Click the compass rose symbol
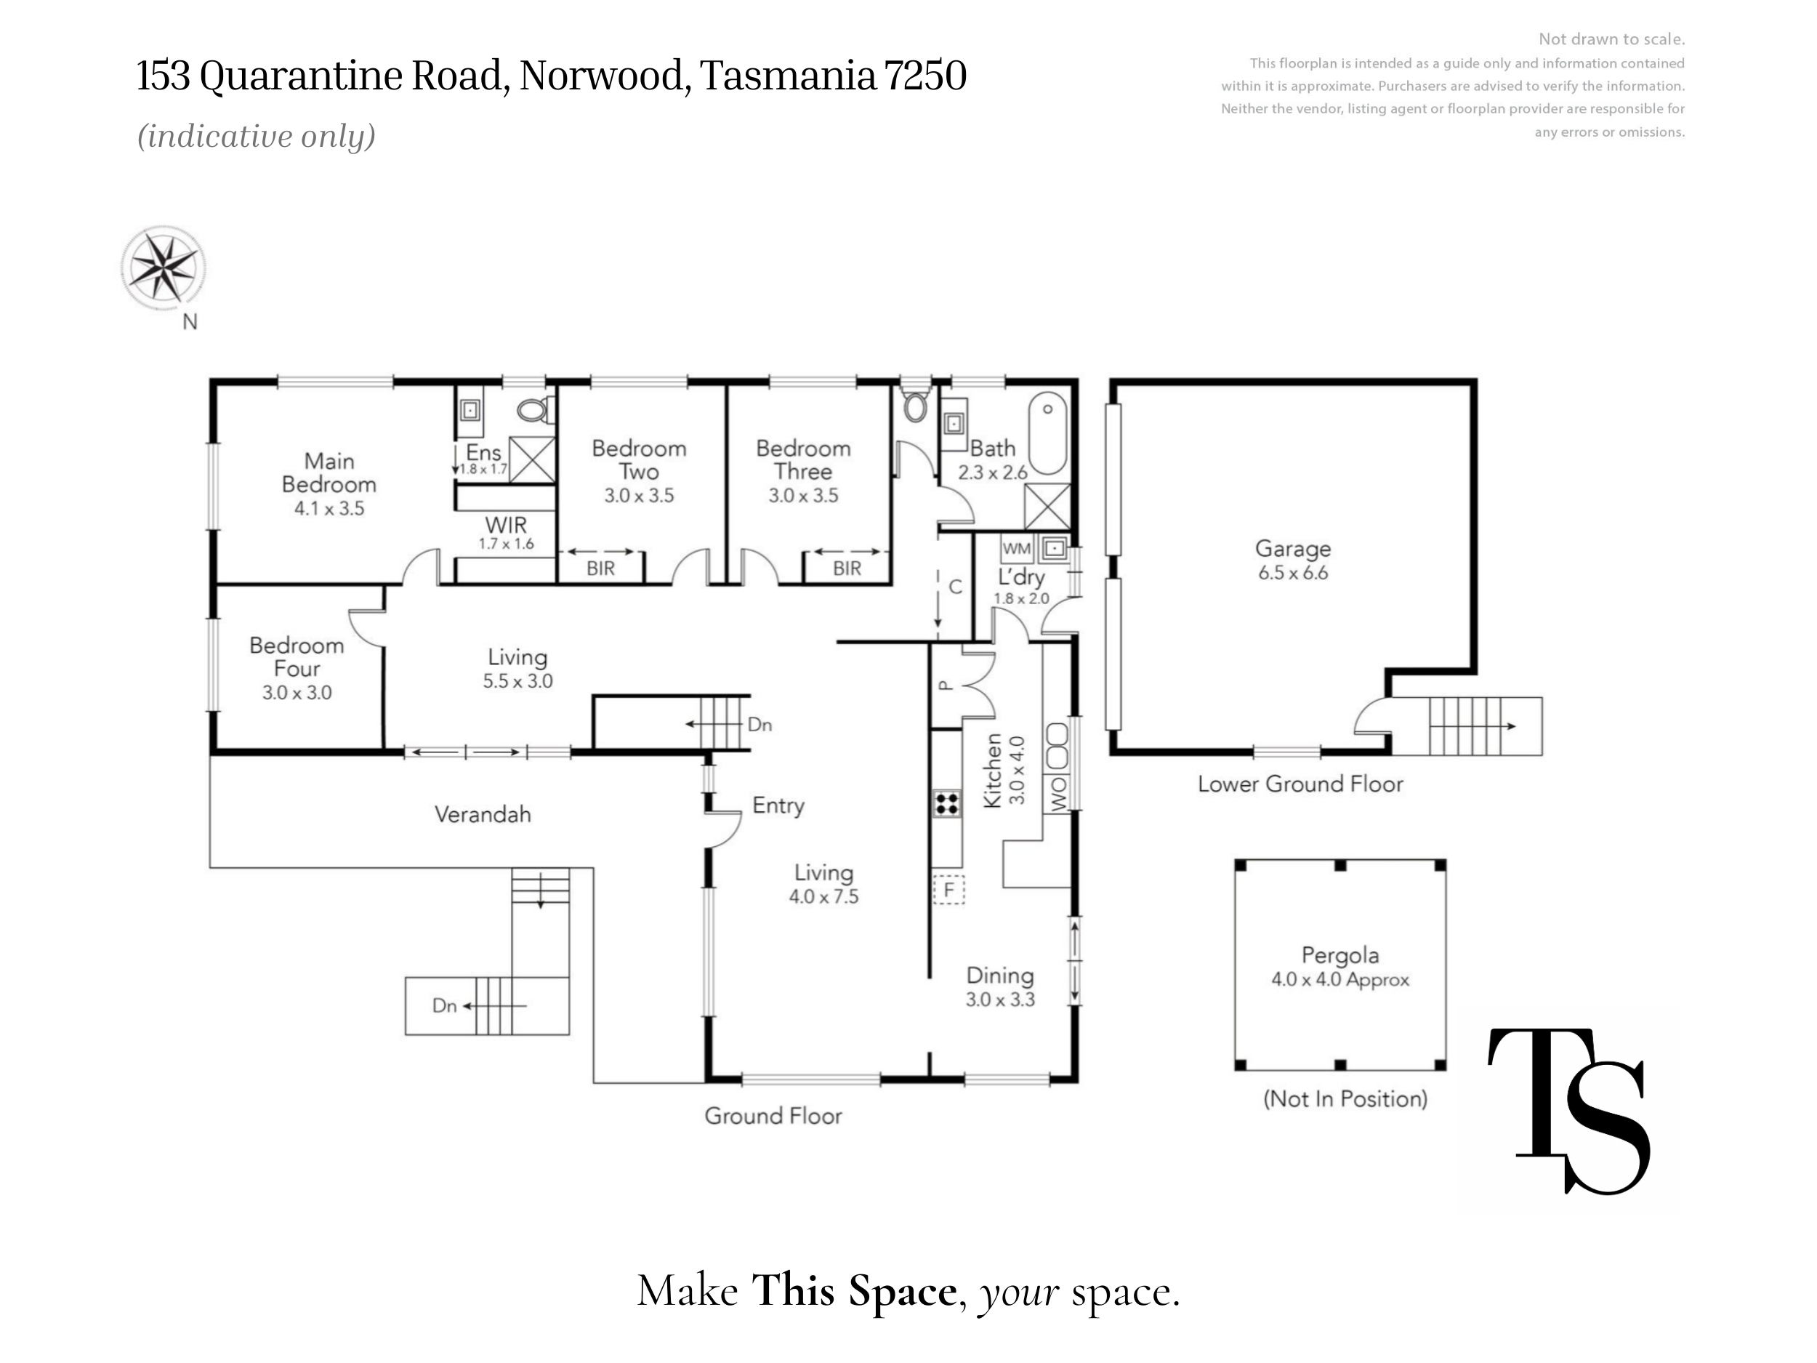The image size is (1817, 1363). (163, 268)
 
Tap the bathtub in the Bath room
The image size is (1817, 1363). (1047, 433)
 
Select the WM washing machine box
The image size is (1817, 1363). (1017, 548)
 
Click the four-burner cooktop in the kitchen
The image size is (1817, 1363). (947, 803)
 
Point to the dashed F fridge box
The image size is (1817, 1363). (948, 889)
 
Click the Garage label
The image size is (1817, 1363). (1293, 549)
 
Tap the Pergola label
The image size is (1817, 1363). (1339, 954)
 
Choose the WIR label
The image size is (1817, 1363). (506, 524)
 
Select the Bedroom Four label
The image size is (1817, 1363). (297, 656)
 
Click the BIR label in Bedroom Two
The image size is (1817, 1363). (600, 568)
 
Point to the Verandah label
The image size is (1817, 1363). (483, 814)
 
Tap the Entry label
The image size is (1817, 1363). (778, 805)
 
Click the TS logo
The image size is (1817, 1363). (1570, 1111)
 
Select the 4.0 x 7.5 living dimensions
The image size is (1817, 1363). (824, 896)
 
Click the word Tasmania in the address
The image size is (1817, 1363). (788, 76)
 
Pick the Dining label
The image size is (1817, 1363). (999, 976)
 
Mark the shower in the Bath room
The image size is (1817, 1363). (1047, 506)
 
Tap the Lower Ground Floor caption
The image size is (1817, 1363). (1300, 784)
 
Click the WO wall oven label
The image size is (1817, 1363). (1058, 794)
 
